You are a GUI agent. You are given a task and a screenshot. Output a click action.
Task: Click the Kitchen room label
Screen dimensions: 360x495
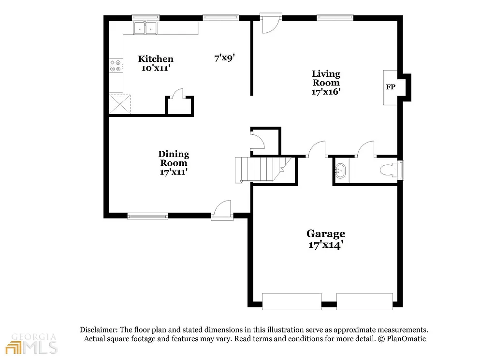pos(155,63)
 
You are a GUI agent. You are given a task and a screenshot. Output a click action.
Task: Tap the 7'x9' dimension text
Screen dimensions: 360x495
pos(224,58)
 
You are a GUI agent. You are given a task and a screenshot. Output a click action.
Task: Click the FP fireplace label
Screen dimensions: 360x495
pos(390,87)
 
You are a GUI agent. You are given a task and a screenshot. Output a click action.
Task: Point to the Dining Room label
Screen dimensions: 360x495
pos(174,163)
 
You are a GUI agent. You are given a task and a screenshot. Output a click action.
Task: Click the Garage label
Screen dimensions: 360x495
pos(325,239)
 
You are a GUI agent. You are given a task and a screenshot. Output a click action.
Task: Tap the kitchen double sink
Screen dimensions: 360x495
pos(146,29)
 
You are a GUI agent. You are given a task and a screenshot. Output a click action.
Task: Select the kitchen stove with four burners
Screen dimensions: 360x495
pos(116,66)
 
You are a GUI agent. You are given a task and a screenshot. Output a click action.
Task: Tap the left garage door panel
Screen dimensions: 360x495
pos(291,302)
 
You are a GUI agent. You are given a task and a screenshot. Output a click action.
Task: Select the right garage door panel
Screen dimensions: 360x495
pos(364,302)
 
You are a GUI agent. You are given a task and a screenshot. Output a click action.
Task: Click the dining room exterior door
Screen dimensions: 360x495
pos(222,211)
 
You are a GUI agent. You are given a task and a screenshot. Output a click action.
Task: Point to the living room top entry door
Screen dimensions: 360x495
pos(270,24)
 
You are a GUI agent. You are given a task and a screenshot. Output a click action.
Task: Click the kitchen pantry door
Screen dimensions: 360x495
pos(179,94)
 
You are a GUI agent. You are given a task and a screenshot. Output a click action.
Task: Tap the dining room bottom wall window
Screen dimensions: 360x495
pos(147,216)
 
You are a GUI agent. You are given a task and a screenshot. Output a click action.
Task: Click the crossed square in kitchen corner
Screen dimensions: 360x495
pos(120,104)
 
